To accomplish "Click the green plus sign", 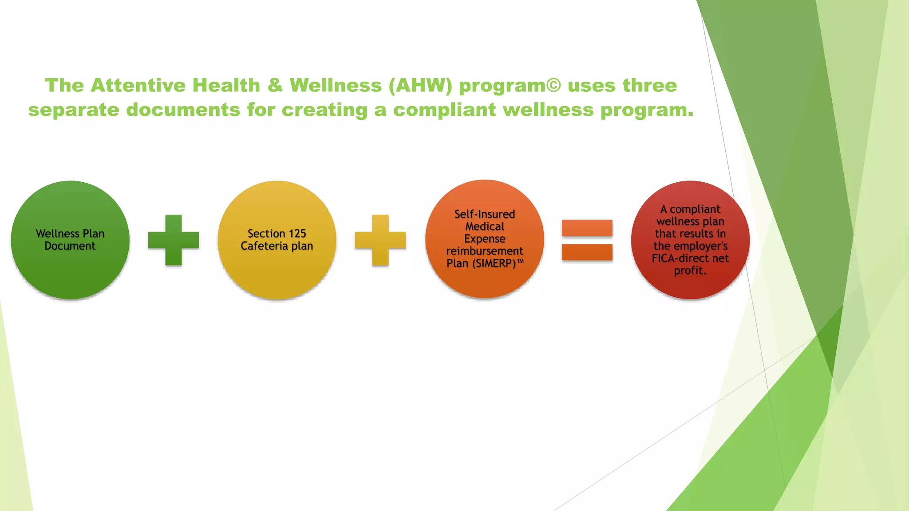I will (x=174, y=240).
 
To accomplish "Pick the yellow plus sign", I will (x=380, y=240).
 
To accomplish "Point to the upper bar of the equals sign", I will (x=587, y=228).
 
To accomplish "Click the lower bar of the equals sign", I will (x=587, y=252).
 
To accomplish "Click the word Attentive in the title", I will (x=138, y=85).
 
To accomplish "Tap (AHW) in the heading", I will (x=420, y=85).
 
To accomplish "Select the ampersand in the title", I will (x=275, y=85).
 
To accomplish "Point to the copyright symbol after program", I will (x=553, y=85).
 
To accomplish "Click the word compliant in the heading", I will (x=444, y=110).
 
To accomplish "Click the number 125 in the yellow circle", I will (x=297, y=233).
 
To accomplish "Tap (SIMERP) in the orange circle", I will (x=494, y=263).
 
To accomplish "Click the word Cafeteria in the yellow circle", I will (x=264, y=246).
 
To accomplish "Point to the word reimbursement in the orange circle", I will (x=485, y=251).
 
